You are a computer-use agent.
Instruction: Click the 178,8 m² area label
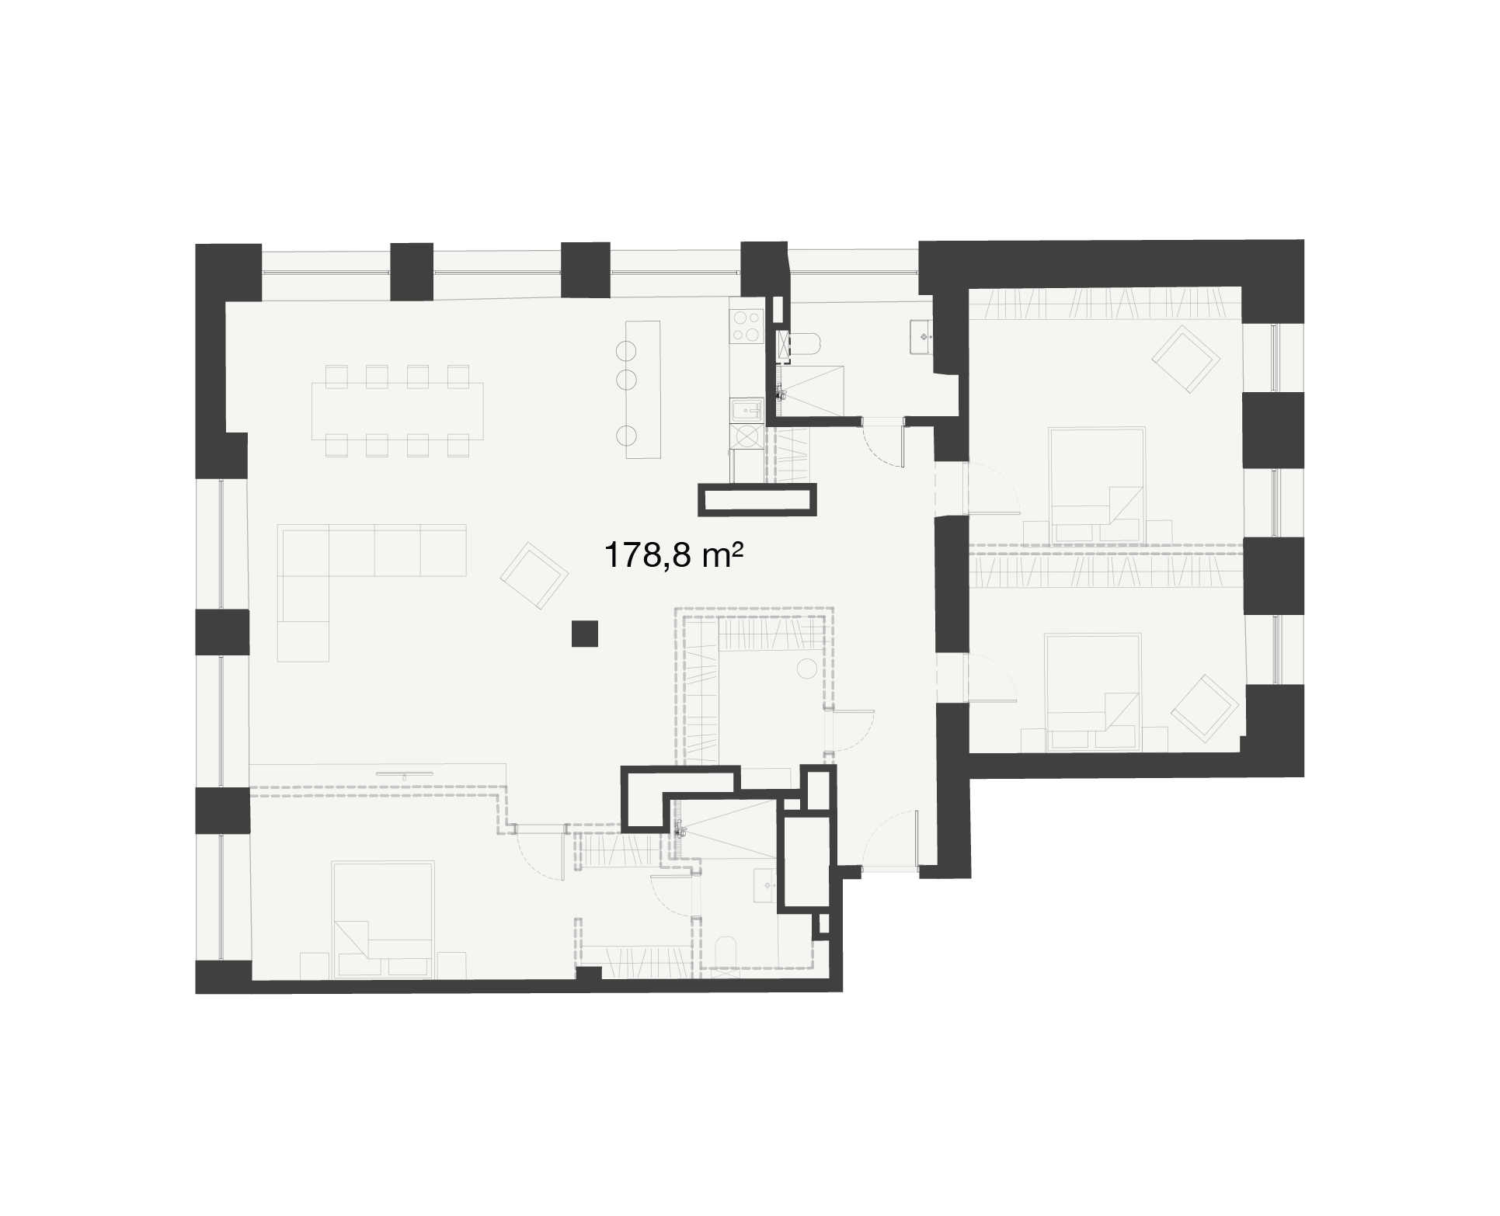[x=670, y=556]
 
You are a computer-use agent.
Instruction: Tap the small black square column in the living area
[x=584, y=634]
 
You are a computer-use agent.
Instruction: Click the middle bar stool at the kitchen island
[x=627, y=380]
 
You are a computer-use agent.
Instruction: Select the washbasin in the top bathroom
[x=923, y=336]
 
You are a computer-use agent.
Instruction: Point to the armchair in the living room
[x=534, y=575]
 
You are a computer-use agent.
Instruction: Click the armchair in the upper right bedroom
[x=1185, y=359]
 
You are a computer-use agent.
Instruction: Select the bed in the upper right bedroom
[x=1097, y=484]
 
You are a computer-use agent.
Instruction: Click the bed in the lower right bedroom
[x=1094, y=692]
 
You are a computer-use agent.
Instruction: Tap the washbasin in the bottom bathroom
[x=765, y=885]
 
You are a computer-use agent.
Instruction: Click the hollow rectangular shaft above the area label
[x=757, y=499]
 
